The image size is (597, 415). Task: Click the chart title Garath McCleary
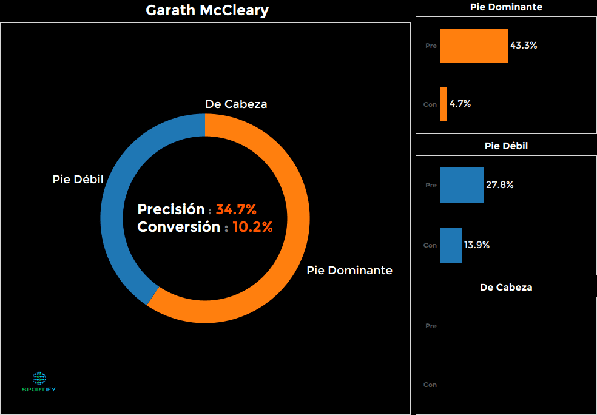(x=207, y=11)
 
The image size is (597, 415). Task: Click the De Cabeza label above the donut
(x=236, y=104)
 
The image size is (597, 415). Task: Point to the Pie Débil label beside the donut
(x=78, y=180)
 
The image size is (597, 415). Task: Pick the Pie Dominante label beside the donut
(x=349, y=270)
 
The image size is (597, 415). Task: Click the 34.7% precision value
(x=236, y=210)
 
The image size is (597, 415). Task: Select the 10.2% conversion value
(x=252, y=228)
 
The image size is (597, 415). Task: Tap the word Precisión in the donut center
(x=171, y=210)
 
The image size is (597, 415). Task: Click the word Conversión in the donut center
(x=178, y=228)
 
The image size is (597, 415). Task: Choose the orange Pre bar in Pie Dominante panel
(x=473, y=46)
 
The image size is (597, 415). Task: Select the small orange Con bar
(x=444, y=104)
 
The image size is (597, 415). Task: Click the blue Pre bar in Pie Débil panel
(x=461, y=185)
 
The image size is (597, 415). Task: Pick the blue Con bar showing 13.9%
(x=451, y=245)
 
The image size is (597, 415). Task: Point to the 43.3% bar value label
(x=524, y=46)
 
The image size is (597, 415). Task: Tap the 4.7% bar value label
(x=460, y=104)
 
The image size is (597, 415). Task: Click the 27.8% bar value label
(x=499, y=185)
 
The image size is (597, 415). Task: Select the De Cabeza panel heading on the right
(x=506, y=288)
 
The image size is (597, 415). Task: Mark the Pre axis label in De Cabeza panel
(x=431, y=326)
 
